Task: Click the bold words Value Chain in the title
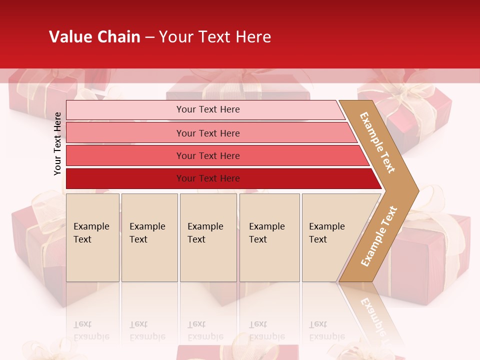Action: [94, 37]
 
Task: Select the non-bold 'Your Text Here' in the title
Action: [215, 37]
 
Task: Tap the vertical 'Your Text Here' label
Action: [57, 143]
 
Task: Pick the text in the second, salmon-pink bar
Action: [208, 133]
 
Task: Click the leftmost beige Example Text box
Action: [92, 237]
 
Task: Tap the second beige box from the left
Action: [149, 237]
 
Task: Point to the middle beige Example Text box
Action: [208, 237]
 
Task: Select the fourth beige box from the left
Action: [269, 237]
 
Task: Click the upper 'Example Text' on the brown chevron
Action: [377, 142]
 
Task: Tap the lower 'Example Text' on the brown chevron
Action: [379, 236]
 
